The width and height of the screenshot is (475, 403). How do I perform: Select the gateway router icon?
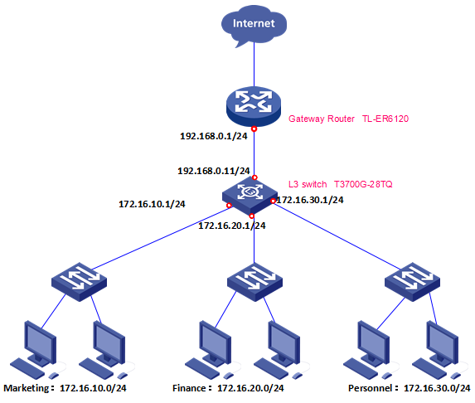point(254,104)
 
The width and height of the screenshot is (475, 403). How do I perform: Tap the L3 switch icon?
point(253,194)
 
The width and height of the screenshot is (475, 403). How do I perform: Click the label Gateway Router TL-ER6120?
point(349,119)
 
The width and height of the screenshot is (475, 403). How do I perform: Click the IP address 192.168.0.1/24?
point(214,135)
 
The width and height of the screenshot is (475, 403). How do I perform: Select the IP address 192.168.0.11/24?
point(212,170)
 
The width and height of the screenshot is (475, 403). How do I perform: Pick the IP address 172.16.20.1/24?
point(232,225)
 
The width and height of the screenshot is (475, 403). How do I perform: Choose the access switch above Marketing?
point(77,279)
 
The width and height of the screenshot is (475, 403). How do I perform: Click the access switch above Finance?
point(254,279)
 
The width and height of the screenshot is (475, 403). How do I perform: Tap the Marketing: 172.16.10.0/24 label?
point(70,387)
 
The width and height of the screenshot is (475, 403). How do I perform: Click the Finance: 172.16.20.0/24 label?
point(228,387)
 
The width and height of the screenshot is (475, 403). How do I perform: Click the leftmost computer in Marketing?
point(36,347)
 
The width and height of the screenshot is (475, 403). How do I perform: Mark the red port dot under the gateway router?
point(254,129)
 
